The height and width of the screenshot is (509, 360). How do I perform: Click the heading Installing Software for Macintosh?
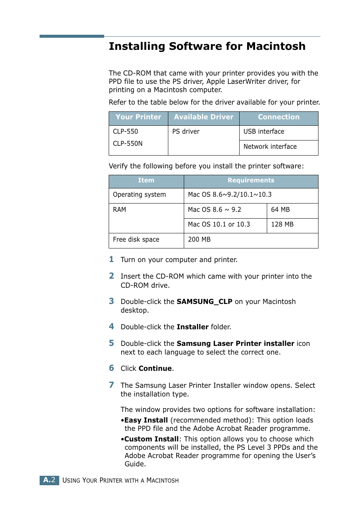207,46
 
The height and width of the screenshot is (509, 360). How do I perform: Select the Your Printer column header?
138,117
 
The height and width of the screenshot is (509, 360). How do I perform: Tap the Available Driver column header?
203,117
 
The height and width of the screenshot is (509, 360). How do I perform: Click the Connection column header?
278,117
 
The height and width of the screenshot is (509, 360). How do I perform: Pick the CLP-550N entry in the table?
128,143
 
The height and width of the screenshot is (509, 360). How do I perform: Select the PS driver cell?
186,131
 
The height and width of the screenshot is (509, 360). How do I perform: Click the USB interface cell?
264,131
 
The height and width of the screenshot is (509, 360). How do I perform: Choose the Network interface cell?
270,147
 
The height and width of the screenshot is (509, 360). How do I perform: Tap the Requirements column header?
251,180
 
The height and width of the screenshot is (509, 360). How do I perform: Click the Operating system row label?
139,195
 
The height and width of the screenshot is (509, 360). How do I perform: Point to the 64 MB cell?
280,210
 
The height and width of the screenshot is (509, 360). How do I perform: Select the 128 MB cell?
282,224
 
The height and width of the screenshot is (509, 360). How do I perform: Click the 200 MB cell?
199,239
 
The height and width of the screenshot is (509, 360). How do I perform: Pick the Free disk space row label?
136,239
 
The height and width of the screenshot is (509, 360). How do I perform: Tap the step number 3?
111,301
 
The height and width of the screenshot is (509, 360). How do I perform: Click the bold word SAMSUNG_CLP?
204,302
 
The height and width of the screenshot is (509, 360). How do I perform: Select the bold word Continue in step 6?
155,369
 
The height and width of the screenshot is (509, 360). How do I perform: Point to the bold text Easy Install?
146,420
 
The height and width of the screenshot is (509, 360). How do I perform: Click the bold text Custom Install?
151,439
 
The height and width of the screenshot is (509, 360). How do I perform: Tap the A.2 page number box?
49,480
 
